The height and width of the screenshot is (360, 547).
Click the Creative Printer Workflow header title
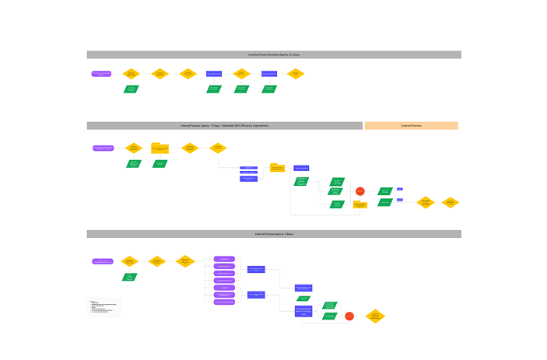[273, 54]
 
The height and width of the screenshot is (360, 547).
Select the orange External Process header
[411, 125]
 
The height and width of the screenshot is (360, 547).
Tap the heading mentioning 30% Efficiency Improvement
[224, 125]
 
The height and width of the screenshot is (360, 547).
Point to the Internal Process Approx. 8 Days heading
[273, 234]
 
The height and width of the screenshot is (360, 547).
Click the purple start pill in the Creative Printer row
[102, 74]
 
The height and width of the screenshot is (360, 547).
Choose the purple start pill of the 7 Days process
[103, 148]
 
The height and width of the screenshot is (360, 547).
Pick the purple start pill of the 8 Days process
[102, 261]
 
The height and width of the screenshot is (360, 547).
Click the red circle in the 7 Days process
[359, 190]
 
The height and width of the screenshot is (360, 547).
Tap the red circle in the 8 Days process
[349, 316]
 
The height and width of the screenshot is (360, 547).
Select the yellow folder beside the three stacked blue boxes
[277, 167]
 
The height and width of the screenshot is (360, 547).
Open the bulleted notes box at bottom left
[104, 306]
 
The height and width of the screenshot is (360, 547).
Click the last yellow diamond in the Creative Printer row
[295, 74]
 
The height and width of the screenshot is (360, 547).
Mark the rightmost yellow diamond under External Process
[451, 202]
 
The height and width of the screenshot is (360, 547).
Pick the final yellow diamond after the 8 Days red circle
[375, 316]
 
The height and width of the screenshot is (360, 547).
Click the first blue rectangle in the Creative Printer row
[214, 74]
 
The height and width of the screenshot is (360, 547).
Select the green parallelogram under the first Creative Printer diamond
[131, 89]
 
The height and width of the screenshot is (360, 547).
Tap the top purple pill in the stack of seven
[224, 259]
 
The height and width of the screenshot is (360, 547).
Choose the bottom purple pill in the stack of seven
[224, 302]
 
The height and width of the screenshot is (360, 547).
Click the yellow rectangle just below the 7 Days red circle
[359, 204]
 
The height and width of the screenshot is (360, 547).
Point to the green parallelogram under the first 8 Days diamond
[129, 277]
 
